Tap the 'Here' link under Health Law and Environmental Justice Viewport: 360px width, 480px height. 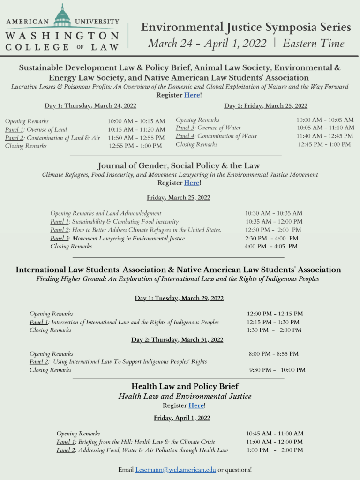196,405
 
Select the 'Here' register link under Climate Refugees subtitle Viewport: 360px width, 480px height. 192,183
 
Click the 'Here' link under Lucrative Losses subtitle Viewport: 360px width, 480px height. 192,95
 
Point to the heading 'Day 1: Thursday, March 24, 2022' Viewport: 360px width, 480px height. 90,106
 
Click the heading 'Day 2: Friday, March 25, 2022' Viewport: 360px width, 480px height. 266,106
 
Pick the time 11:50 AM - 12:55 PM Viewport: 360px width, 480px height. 136,138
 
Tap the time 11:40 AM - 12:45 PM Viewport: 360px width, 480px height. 325,136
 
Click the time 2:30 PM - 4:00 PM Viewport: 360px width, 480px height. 271,238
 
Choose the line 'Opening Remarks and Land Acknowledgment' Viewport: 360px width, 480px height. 105,213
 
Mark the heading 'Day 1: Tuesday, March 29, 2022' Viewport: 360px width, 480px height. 179,298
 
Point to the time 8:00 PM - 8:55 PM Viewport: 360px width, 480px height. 273,354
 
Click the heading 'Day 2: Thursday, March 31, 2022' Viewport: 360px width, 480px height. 177,340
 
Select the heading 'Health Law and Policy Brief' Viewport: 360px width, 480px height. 185,386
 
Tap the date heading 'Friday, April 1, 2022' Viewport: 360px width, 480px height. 182,418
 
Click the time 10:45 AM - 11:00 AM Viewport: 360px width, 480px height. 275,434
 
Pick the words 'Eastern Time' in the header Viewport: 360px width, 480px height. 314,44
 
